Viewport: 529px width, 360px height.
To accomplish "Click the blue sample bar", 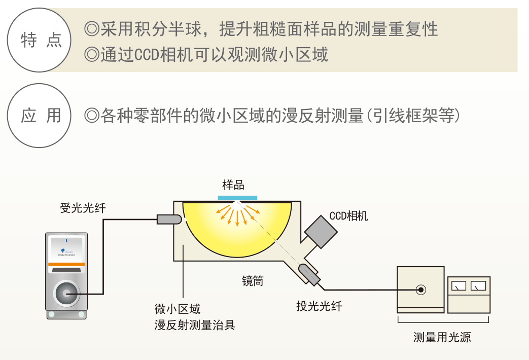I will pyautogui.click(x=237, y=197).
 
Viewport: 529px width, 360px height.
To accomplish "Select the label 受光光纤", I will pyautogui.click(x=83, y=208).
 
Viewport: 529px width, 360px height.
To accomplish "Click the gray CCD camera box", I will pyautogui.click(x=321, y=231).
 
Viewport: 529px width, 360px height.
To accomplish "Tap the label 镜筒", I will pyautogui.click(x=252, y=280).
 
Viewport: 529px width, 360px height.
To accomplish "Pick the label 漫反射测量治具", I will pyautogui.click(x=195, y=325).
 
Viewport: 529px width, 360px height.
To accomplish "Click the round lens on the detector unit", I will pyautogui.click(x=66, y=293).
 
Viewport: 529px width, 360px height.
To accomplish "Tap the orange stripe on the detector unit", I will pyautogui.click(x=66, y=265).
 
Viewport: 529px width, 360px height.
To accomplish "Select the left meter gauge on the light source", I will pyautogui.click(x=459, y=286).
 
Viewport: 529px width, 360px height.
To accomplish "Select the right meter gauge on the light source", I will pyautogui.click(x=478, y=286).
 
